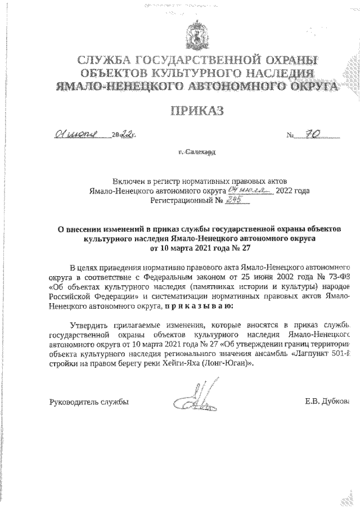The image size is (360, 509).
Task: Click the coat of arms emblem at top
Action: [x=196, y=34]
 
